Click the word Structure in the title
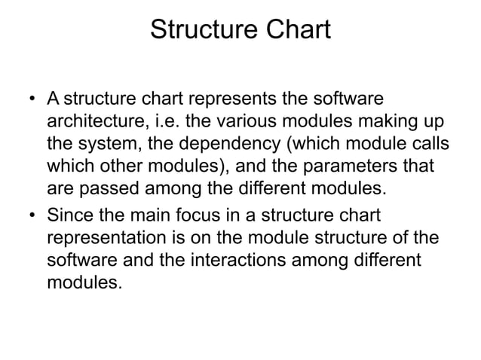point(198,32)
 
